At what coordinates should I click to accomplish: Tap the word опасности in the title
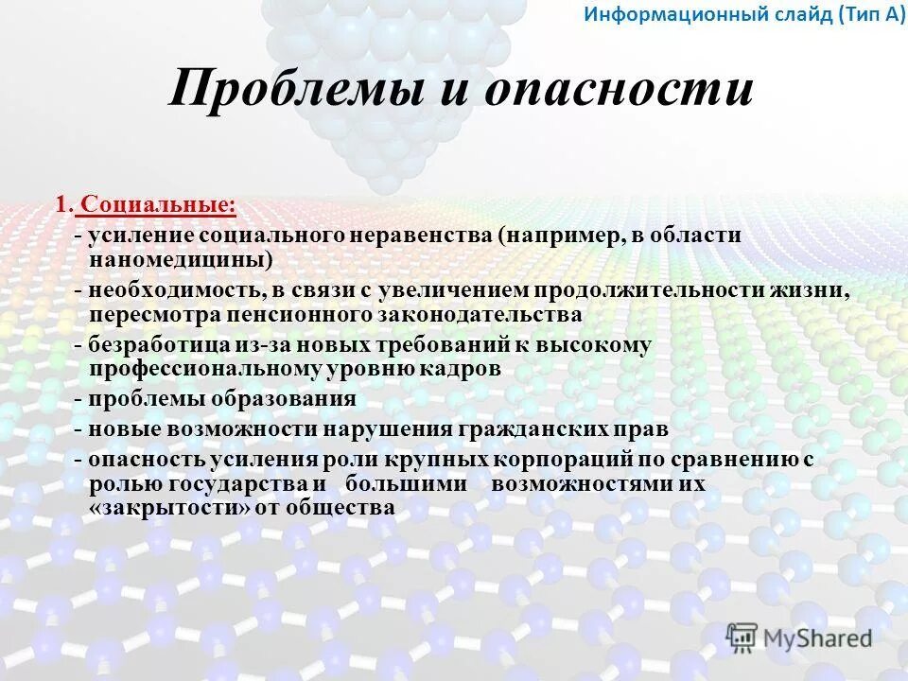pyautogui.click(x=619, y=92)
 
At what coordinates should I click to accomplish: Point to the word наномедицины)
pyautogui.click(x=181, y=257)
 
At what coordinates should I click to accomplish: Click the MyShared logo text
pyautogui.click(x=816, y=638)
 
